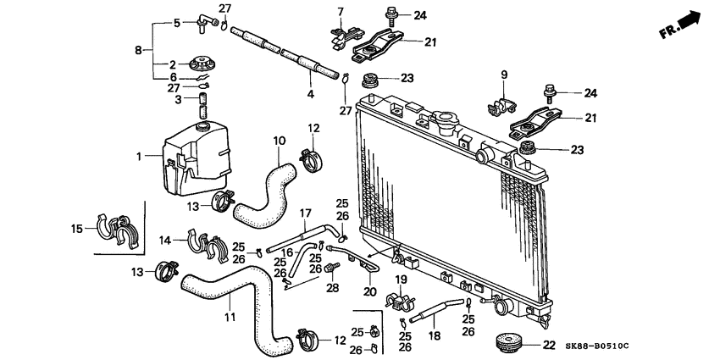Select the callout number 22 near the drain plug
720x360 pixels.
click(548, 344)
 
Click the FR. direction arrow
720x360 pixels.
click(682, 25)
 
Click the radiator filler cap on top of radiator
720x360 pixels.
click(446, 122)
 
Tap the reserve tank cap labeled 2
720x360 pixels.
click(202, 64)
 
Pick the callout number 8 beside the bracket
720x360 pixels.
click(138, 50)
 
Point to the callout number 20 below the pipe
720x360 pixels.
click(369, 292)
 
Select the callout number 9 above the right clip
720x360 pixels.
click(503, 75)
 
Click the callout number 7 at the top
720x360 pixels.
click(341, 11)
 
